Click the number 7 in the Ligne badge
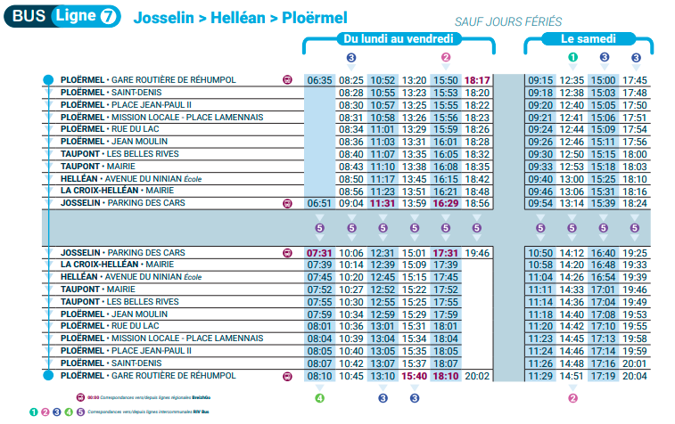pyautogui.click(x=108, y=15)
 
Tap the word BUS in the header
pyautogui.click(x=29, y=15)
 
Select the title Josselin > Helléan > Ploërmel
pyautogui.click(x=240, y=17)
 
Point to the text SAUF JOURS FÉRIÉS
pyautogui.click(x=498, y=20)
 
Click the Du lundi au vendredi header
pyautogui.click(x=399, y=39)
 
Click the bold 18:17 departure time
pyautogui.click(x=478, y=80)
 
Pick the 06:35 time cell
pyautogui.click(x=319, y=80)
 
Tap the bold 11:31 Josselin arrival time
pyautogui.click(x=383, y=203)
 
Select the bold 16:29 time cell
pyautogui.click(x=446, y=203)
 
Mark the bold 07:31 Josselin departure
pyautogui.click(x=319, y=253)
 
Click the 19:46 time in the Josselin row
pyautogui.click(x=478, y=253)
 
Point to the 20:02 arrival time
pyautogui.click(x=478, y=376)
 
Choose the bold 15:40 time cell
pyautogui.click(x=415, y=376)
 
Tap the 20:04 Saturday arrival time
pyautogui.click(x=635, y=376)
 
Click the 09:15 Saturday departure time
pyautogui.click(x=541, y=80)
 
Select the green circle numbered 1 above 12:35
pyautogui.click(x=573, y=58)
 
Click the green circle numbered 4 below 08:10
pyautogui.click(x=319, y=397)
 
